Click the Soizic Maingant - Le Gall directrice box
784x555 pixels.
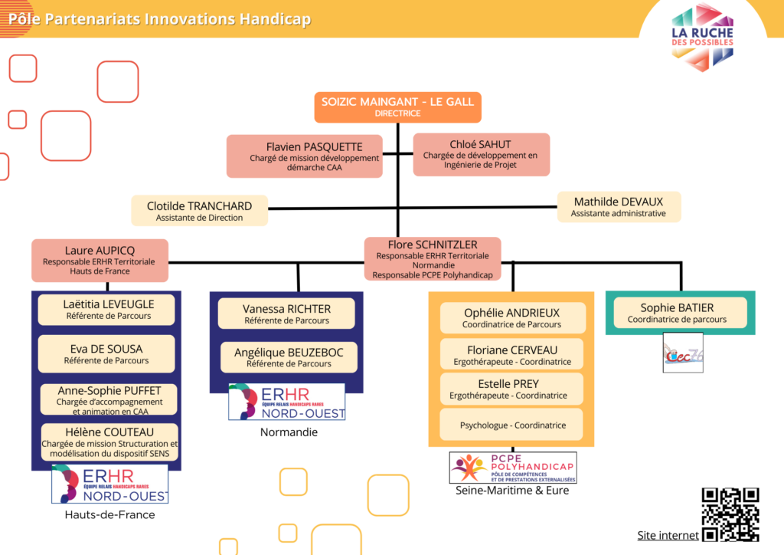tap(397, 107)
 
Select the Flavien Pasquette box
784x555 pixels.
tap(304, 156)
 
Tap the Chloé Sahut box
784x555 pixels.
tap(481, 154)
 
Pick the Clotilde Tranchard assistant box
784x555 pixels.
tap(199, 210)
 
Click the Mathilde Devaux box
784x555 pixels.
tap(618, 206)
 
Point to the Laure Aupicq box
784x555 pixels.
tap(100, 260)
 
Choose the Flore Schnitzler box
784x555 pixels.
tap(433, 259)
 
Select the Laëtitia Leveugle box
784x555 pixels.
tap(107, 309)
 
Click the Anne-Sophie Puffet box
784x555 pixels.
tap(109, 399)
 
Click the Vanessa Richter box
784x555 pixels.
tap(286, 314)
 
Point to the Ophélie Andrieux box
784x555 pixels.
tap(511, 317)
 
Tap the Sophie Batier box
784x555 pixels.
tap(677, 313)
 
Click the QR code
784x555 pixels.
tap(730, 514)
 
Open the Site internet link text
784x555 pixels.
tap(668, 535)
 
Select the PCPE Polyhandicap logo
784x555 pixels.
tap(512, 468)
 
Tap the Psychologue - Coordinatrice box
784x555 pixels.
tap(512, 425)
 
